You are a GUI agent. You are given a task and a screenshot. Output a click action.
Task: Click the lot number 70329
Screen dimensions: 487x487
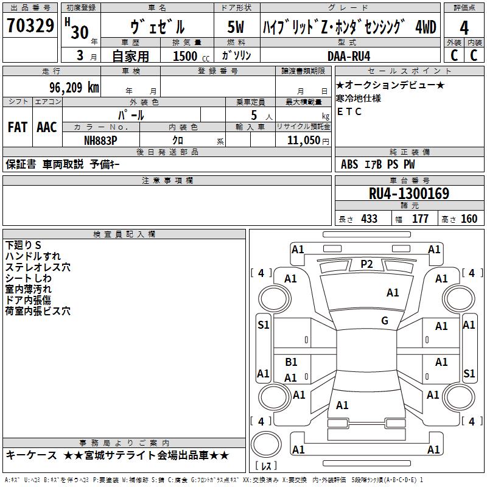pos(30,25)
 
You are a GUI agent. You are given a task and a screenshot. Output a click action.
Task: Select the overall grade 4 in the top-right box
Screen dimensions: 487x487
pos(464,27)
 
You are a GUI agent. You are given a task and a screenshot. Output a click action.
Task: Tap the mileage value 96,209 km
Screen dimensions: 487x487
pos(74,88)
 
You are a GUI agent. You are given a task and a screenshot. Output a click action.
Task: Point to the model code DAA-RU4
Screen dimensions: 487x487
pos(349,56)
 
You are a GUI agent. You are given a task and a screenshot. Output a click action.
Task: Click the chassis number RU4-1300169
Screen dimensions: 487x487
pos(409,194)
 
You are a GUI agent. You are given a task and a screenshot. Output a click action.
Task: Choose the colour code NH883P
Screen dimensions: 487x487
pos(100,141)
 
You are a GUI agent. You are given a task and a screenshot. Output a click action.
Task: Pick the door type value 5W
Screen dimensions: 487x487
pos(236,27)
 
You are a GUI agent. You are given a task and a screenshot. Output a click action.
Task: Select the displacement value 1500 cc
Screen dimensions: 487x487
pos(191,56)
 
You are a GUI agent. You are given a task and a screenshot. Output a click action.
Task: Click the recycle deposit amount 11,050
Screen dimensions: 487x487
pos(303,141)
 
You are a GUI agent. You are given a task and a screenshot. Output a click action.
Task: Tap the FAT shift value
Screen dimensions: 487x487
pos(18,127)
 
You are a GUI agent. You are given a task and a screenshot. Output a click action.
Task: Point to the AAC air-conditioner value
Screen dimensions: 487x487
pos(47,127)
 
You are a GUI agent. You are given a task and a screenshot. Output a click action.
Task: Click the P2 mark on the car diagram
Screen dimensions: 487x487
pos(366,264)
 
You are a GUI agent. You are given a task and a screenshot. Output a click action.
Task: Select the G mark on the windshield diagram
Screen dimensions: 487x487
pos(385,320)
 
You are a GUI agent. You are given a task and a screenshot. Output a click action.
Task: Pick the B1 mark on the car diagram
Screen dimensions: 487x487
pos(291,362)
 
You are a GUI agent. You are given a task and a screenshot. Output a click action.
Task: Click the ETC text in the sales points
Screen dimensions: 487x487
pos(349,111)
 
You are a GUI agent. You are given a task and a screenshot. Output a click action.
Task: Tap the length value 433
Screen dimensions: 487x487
pos(370,219)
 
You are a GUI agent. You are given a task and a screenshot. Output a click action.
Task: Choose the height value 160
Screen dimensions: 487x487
pos(469,219)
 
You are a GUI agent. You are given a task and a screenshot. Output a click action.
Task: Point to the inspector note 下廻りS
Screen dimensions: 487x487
pos(23,245)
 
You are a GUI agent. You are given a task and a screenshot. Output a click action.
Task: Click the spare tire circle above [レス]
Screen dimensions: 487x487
pos(266,444)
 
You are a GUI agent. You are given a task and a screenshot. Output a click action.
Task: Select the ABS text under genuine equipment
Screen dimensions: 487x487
pos(349,164)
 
